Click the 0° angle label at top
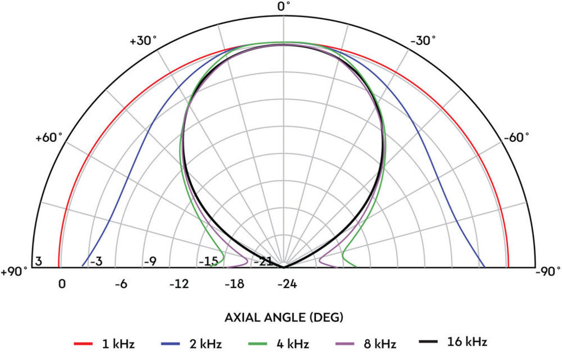tap(283, 7)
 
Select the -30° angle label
tap(424, 41)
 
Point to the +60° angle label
tap(49, 137)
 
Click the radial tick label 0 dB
tap(62, 284)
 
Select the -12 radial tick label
tap(179, 284)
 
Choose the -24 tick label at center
tap(287, 284)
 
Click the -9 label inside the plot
tap(150, 261)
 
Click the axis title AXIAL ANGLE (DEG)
tap(284, 317)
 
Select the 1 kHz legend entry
tap(104, 344)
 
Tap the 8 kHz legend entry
tap(365, 344)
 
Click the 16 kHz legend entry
tap(453, 342)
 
